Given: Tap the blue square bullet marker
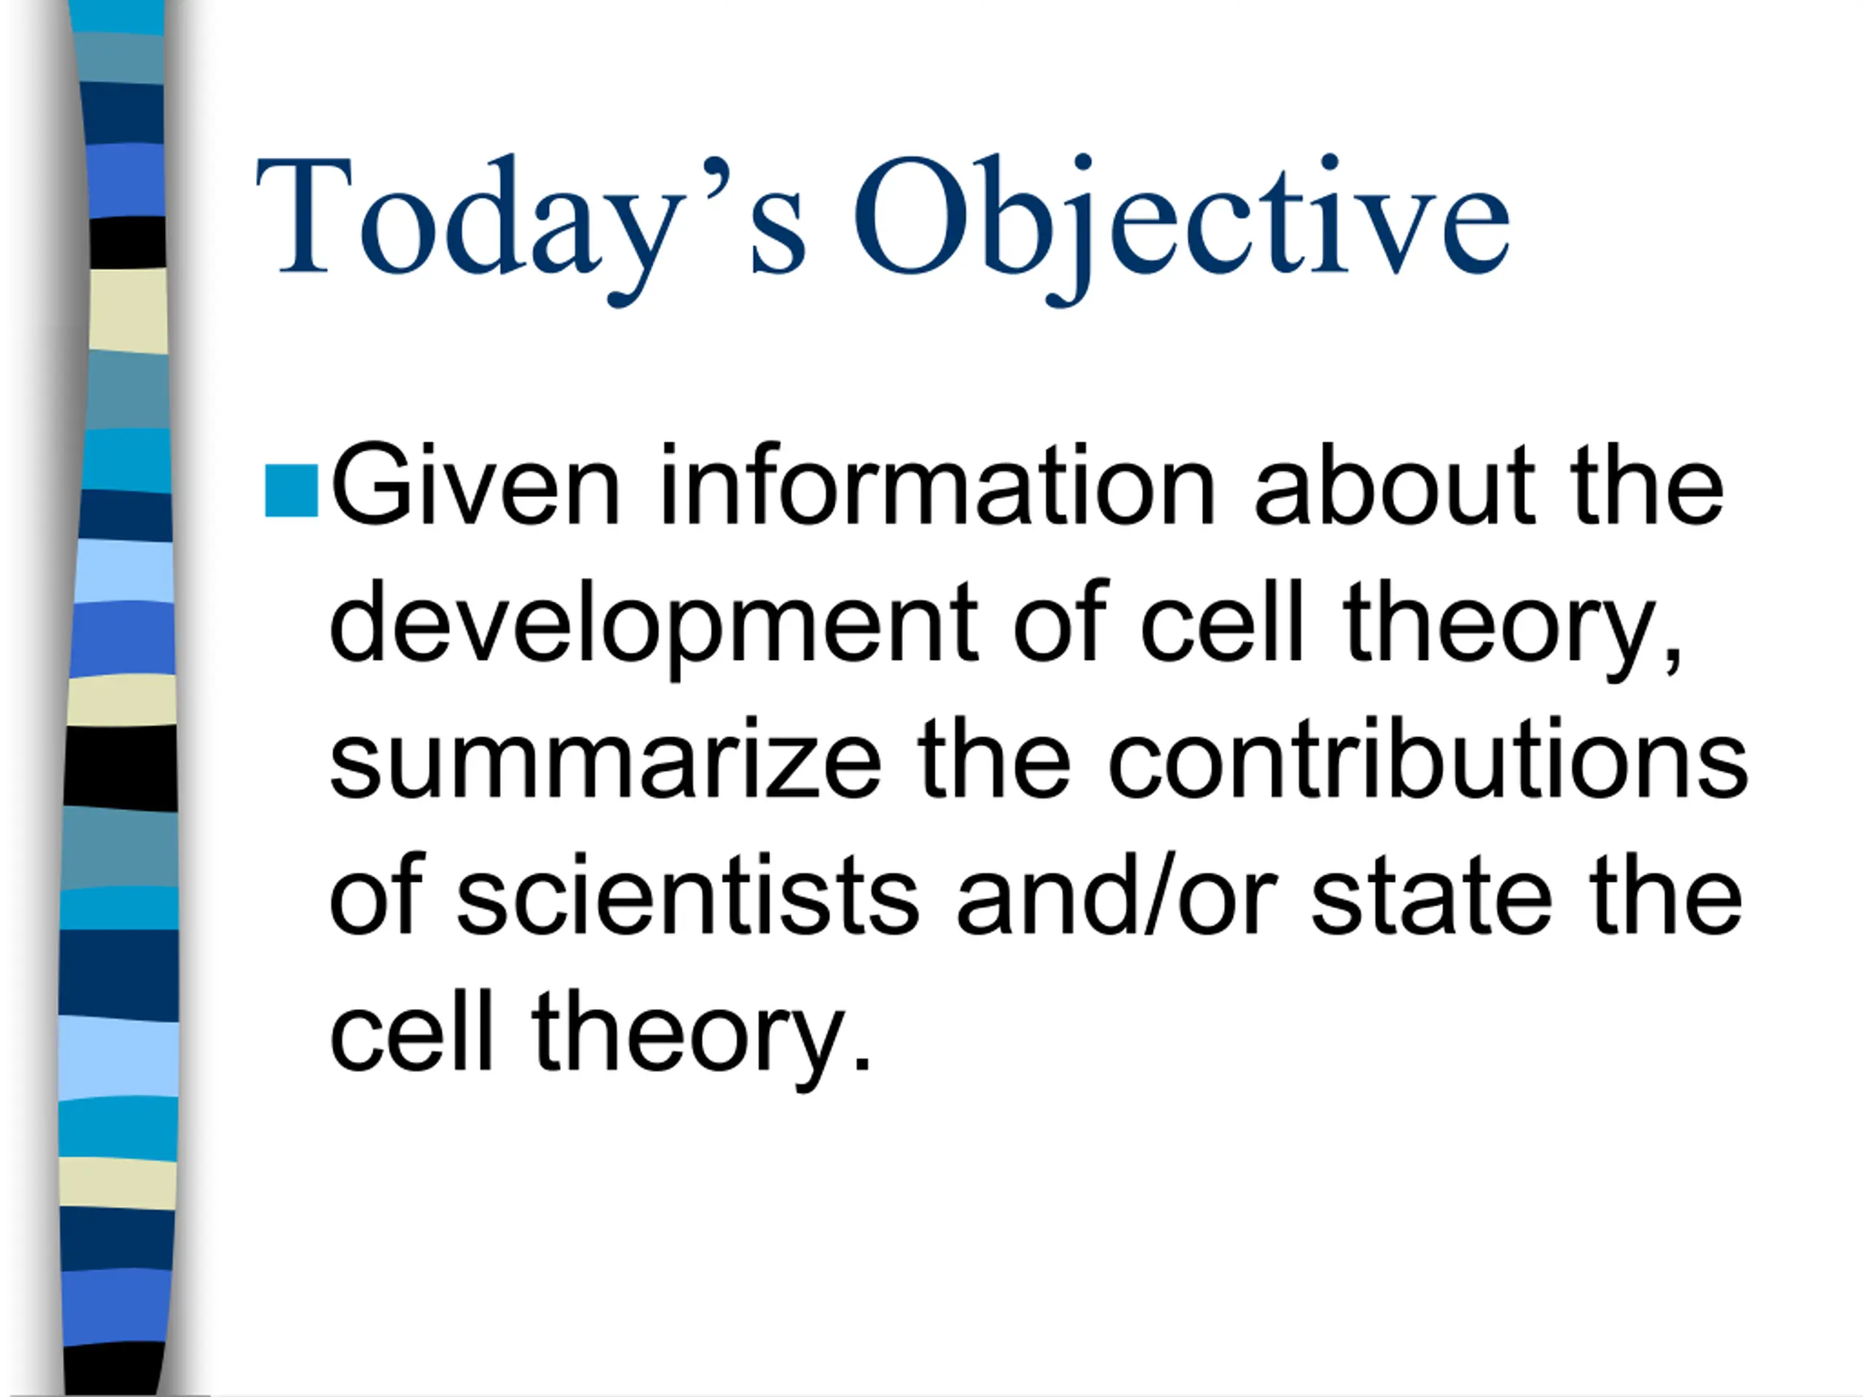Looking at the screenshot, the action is point(291,490).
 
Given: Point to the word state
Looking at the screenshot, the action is point(1431,896).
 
